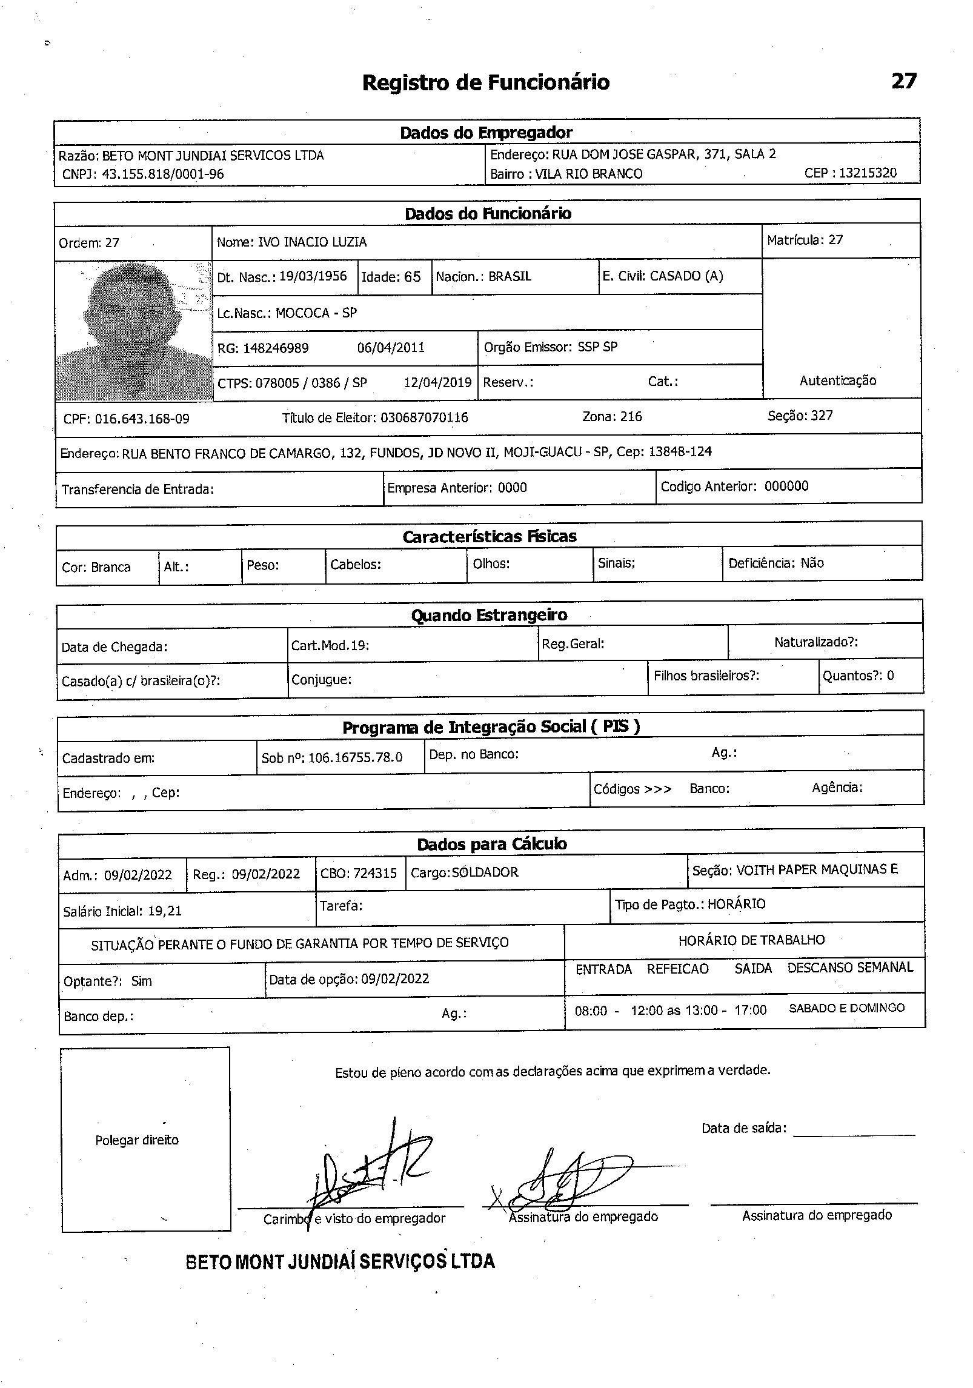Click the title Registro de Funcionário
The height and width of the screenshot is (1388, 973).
[x=485, y=82]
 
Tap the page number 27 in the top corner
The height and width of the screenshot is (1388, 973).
[x=903, y=81]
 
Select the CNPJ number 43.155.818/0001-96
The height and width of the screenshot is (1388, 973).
[x=162, y=174]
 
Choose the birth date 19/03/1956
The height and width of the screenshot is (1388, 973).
[x=313, y=276]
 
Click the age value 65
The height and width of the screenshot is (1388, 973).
[x=412, y=277]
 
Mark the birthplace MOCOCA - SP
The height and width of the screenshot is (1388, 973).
[x=316, y=313]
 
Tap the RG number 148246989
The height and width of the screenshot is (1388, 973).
[x=276, y=348]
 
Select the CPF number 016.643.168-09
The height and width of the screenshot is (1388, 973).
[x=142, y=419]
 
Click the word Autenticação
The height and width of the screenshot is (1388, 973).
[x=837, y=380]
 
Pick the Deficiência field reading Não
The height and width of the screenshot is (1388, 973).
[x=812, y=563]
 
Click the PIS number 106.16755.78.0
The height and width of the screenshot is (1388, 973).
[x=355, y=757]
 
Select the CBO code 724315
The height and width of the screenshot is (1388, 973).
[x=375, y=873]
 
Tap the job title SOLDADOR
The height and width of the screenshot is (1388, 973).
[x=485, y=872]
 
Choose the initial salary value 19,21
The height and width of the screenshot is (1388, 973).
[x=164, y=911]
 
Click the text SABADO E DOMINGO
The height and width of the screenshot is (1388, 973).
[x=846, y=1008]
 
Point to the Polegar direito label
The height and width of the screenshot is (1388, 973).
[x=137, y=1140]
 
